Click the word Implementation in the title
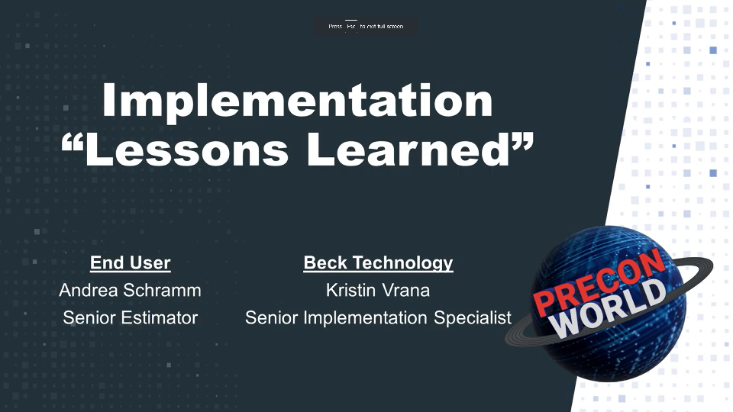point(297,101)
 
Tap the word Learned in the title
point(408,149)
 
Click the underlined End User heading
point(130,263)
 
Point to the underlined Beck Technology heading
point(378,263)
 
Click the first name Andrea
point(88,291)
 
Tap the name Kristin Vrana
point(378,291)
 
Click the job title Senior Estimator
point(130,317)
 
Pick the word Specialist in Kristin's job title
point(473,317)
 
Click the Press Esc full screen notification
point(366,26)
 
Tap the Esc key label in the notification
point(351,26)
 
